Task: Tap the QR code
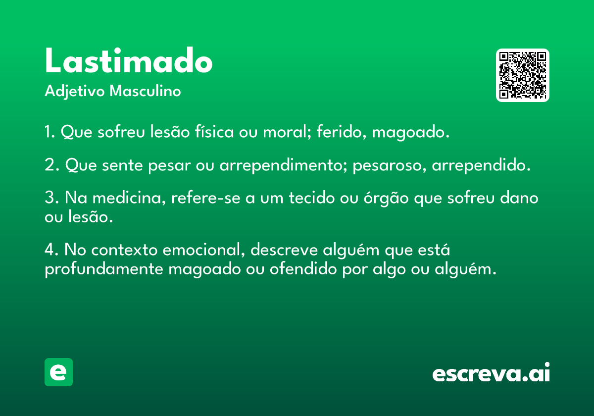point(522,75)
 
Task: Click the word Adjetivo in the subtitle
point(75,92)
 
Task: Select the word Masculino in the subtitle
point(145,91)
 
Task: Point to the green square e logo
point(58,372)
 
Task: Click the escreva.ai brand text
point(491,372)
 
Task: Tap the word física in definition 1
point(214,131)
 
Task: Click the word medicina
point(129,199)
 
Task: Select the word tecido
point(311,198)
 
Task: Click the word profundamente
point(104,270)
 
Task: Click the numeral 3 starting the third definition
point(49,198)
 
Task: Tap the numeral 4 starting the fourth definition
point(49,250)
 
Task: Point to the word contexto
point(124,250)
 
